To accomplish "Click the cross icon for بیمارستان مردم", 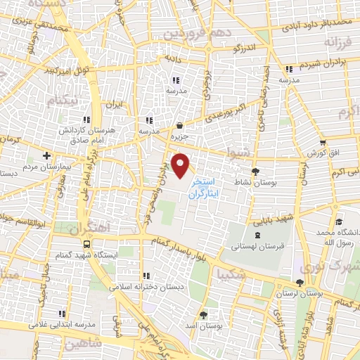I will (x=46, y=155).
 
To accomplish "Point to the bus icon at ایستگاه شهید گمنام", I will (x=86, y=243).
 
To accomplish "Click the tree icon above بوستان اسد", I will (x=204, y=314).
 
